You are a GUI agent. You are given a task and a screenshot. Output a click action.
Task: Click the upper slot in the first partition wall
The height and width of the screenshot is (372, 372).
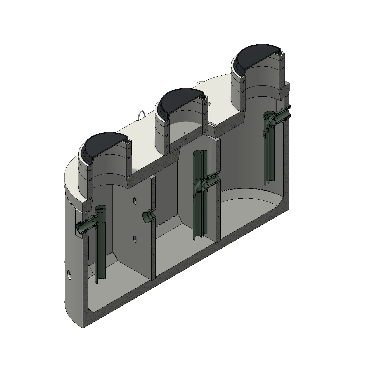[135, 201]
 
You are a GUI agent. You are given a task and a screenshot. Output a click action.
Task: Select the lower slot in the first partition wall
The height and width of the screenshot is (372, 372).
[135, 238]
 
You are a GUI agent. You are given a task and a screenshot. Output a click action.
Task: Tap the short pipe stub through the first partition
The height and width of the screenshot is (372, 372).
[148, 216]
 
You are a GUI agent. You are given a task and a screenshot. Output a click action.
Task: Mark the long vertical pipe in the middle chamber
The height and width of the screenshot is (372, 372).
[198, 201]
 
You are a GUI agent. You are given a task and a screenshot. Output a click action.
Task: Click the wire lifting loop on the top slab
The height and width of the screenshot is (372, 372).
[140, 114]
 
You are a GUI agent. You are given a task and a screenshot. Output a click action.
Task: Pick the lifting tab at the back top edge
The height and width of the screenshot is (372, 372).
[200, 83]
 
